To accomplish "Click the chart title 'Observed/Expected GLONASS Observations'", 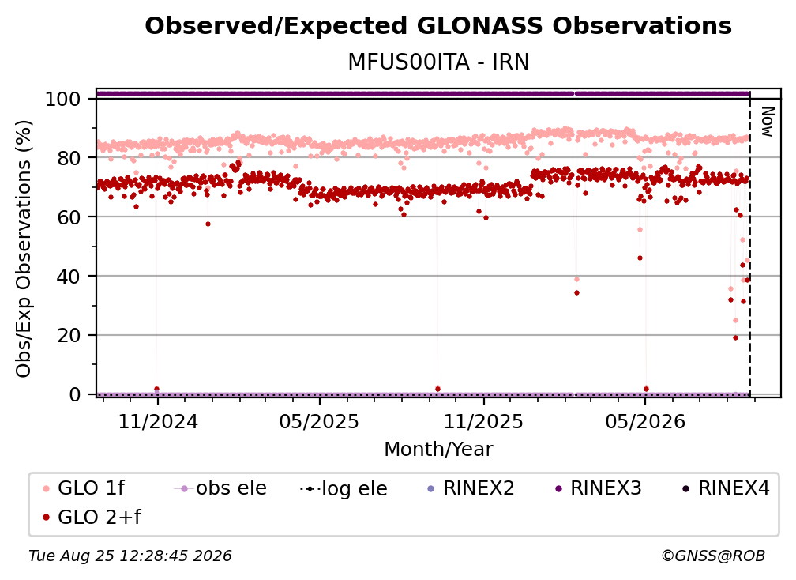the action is [438, 26].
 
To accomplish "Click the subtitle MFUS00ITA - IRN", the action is [438, 62].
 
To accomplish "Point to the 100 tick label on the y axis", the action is [62, 99].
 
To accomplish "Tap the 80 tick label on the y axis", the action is [69, 158].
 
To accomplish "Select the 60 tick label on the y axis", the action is [69, 217].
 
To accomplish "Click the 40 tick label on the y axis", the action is [69, 277].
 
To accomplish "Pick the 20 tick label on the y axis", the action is [69, 335].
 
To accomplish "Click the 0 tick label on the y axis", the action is [74, 394].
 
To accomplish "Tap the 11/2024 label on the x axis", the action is [158, 421].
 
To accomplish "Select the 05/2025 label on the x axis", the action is [319, 421].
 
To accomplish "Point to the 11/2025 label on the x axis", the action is [483, 421].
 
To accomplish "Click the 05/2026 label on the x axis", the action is [644, 421].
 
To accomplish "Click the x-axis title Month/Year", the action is [438, 449].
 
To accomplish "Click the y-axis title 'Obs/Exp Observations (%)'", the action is [24, 248].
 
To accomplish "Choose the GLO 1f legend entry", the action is [83, 488].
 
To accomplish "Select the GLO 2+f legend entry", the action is [92, 517].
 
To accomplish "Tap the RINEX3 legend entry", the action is [599, 488].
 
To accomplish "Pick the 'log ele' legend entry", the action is [344, 488].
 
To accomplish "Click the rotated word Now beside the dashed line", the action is [768, 122].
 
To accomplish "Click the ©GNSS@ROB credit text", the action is [713, 556].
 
